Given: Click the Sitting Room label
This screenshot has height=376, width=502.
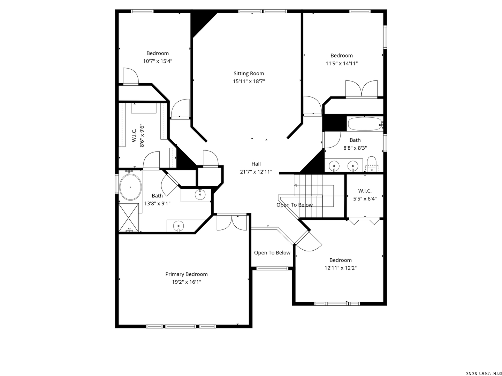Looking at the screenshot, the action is [249, 73].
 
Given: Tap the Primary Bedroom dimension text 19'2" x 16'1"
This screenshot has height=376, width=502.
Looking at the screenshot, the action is [187, 282].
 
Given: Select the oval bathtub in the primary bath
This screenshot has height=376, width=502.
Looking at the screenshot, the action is [130, 187].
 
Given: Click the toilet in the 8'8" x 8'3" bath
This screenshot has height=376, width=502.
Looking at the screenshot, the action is [371, 164].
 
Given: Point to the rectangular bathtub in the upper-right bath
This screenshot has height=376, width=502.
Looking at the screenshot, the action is [365, 124].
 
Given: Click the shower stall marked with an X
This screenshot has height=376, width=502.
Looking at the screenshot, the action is [129, 218].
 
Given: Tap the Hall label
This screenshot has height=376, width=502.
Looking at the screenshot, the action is [256, 164].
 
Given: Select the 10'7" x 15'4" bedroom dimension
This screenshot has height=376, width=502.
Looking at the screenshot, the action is [158, 61].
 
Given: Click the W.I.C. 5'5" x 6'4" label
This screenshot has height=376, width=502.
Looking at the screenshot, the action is [365, 195].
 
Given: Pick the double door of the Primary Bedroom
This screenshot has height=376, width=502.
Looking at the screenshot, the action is [232, 222].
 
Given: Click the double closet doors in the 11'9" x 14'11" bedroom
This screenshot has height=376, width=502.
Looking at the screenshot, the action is [362, 89].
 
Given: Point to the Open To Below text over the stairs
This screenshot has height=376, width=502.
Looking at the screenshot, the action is [294, 205].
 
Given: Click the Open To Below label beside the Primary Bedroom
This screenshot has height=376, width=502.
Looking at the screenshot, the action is [272, 253].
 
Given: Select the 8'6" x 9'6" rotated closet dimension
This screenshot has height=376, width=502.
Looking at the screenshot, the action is [142, 136].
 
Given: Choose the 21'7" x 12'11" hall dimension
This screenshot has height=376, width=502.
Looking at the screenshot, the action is [256, 172].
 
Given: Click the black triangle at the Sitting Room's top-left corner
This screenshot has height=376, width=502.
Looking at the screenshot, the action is [201, 24].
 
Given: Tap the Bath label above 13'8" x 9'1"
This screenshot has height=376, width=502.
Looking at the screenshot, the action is [157, 196].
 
